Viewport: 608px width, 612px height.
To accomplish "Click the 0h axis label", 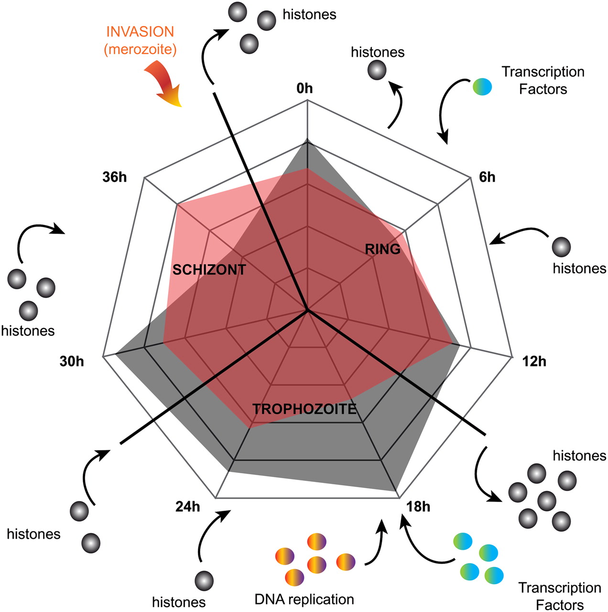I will (x=304, y=88).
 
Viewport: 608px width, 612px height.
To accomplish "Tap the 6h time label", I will (x=487, y=177).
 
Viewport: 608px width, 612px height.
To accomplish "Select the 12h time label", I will (x=534, y=361).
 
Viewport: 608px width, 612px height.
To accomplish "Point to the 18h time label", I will (x=418, y=507).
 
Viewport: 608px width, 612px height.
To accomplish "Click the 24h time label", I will (x=188, y=507).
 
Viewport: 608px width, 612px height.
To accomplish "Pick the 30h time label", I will (x=72, y=361).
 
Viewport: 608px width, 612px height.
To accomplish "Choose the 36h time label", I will (x=115, y=177).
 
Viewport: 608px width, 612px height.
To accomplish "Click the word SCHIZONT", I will (x=209, y=270).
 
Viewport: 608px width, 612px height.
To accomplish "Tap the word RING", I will (x=382, y=249).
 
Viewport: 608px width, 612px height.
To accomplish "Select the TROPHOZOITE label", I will (x=304, y=409).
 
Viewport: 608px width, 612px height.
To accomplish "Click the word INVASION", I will (x=140, y=32).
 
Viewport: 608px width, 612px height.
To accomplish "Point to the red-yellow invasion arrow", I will (x=165, y=86).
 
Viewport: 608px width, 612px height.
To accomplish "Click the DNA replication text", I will (x=304, y=599).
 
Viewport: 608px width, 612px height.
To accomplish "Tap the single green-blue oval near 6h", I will (x=482, y=87).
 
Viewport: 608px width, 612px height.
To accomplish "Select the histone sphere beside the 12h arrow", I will (x=561, y=247).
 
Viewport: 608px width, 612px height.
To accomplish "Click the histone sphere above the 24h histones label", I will (x=205, y=580).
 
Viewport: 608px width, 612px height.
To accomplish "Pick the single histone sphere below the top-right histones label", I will (x=377, y=71).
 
